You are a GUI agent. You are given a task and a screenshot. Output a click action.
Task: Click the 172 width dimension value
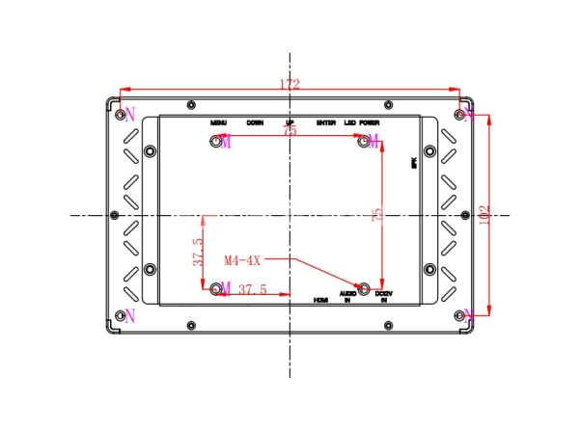(x=289, y=85)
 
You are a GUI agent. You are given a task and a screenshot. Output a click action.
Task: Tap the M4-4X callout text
(x=241, y=260)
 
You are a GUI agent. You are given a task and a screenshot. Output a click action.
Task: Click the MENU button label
(x=219, y=123)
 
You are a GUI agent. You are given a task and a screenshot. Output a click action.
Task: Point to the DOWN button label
(x=255, y=123)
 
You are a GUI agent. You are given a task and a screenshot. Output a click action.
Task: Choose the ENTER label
(x=325, y=123)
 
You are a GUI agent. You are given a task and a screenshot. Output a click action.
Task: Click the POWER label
(x=370, y=123)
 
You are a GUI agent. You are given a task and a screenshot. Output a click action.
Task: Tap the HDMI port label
(x=321, y=300)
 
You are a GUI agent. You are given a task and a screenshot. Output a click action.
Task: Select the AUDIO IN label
(x=348, y=296)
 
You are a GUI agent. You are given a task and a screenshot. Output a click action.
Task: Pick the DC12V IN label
(x=383, y=297)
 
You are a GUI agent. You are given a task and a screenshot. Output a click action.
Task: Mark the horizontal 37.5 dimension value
(x=252, y=289)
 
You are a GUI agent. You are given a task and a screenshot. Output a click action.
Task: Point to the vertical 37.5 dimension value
(x=197, y=254)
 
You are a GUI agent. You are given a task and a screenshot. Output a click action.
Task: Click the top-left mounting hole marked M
(x=216, y=142)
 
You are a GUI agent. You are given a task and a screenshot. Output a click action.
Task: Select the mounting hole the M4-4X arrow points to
(x=365, y=287)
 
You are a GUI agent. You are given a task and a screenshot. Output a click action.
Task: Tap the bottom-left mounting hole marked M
(x=215, y=287)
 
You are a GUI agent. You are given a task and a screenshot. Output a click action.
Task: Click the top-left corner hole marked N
(x=120, y=115)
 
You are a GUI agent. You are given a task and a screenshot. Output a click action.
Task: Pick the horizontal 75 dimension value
(x=289, y=131)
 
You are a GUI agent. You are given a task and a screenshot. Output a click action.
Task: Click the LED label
(x=349, y=123)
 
